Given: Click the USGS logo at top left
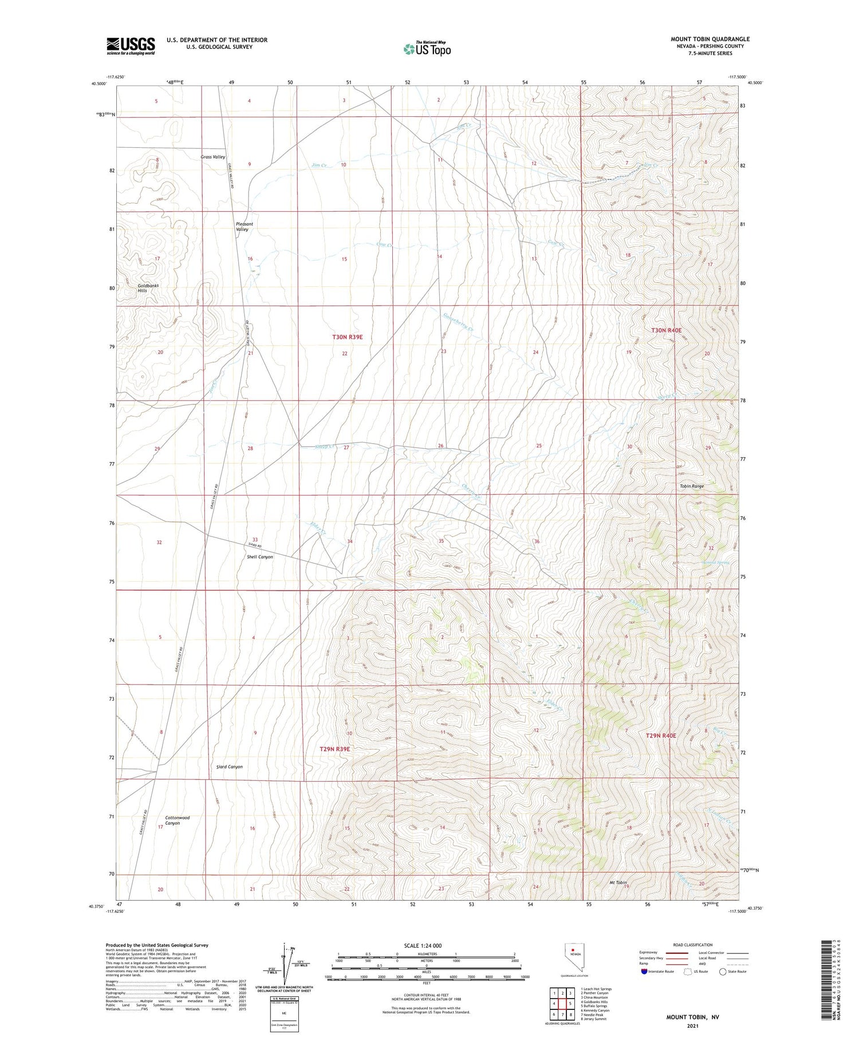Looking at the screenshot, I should [131, 46].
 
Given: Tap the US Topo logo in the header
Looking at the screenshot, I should [427, 49].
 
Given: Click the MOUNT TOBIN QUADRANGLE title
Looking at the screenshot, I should [710, 39].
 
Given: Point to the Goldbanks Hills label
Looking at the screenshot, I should [148, 288].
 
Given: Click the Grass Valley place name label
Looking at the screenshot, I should [213, 157].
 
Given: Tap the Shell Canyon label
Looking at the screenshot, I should [259, 557].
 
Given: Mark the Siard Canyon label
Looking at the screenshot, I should [229, 767].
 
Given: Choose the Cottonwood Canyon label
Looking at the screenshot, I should [177, 820].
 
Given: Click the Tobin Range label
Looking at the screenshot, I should [691, 486].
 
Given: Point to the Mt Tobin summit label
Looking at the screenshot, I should [617, 883].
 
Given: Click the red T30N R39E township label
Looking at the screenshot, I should [347, 337].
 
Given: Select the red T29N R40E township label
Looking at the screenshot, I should [660, 736].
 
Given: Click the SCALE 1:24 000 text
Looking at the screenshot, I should [423, 945].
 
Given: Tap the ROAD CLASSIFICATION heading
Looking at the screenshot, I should [693, 945].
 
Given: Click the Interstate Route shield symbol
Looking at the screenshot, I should [644, 972].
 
